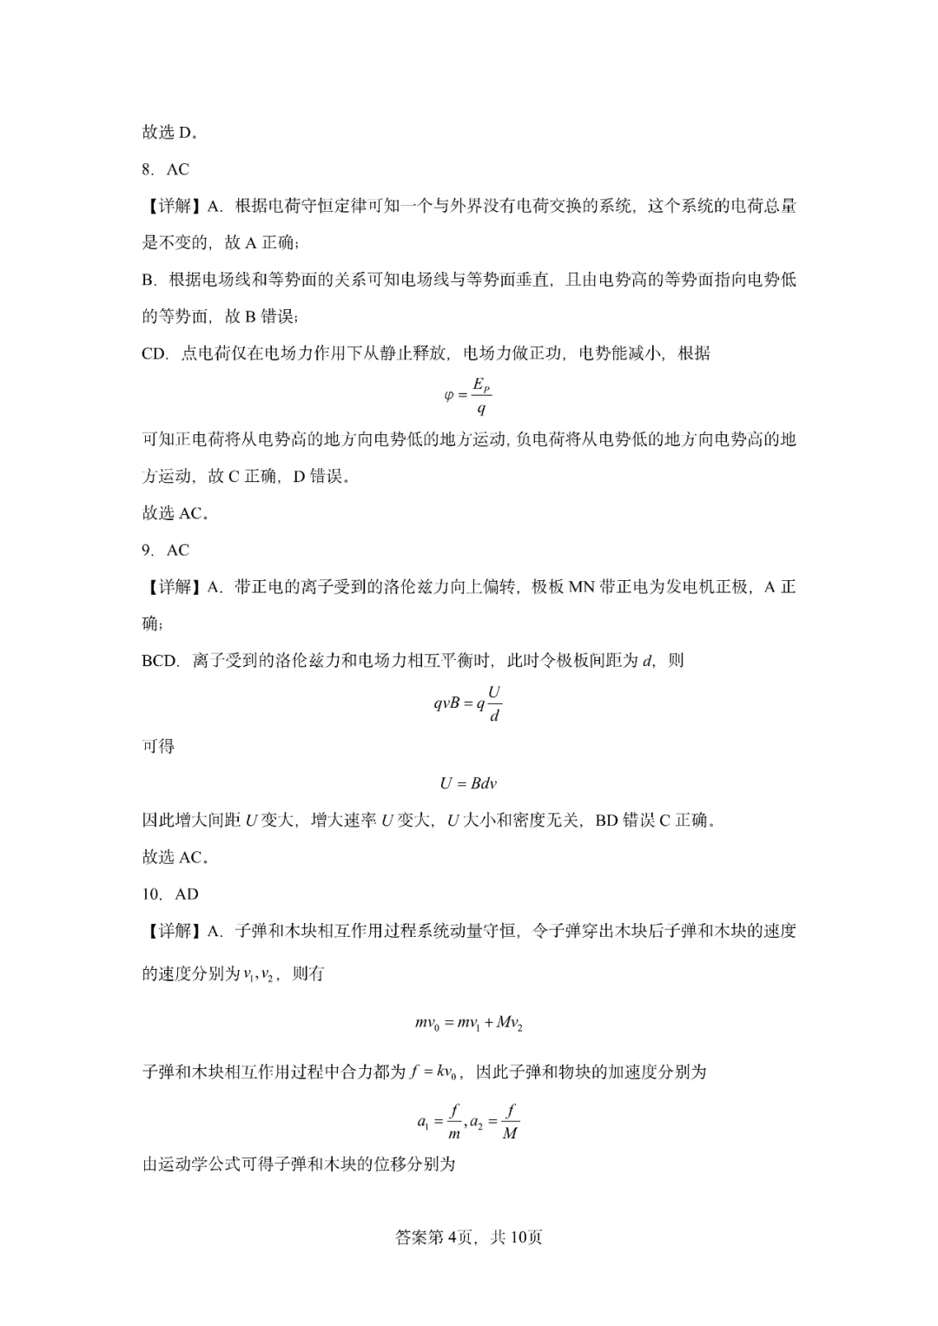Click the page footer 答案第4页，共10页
468,1237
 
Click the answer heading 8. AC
165,169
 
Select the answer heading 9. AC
165,550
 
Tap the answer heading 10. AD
170,894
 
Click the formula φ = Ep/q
468,395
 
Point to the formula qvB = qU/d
468,703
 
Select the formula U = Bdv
468,783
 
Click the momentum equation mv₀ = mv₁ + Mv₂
468,1024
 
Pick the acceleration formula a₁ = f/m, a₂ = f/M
468,1121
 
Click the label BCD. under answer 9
160,661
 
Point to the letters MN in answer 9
581,587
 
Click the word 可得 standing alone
158,746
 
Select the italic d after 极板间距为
646,661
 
